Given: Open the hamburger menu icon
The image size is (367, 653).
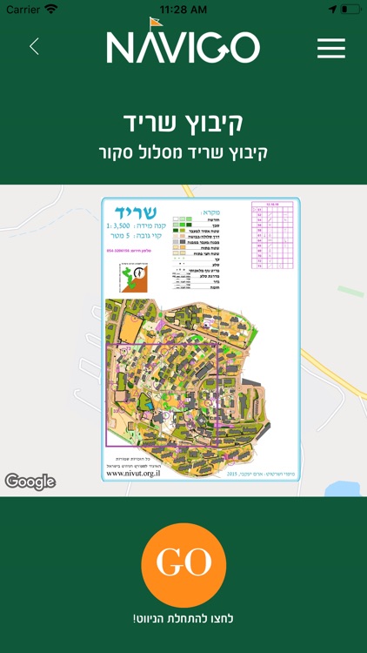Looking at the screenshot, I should [331, 47].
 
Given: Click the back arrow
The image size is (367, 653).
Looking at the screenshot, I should [34, 47].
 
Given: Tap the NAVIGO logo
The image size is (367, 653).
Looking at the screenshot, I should [183, 49].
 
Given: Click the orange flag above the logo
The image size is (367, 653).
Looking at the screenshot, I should [155, 23].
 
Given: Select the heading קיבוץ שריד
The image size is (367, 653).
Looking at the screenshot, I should [183, 121].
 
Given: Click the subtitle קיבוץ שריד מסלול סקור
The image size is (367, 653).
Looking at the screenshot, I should [183, 151].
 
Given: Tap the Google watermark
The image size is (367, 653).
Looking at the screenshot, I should [30, 481].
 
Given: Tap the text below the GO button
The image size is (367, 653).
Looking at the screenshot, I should [183, 618].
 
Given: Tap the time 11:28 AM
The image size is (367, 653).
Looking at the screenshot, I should [183, 9].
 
